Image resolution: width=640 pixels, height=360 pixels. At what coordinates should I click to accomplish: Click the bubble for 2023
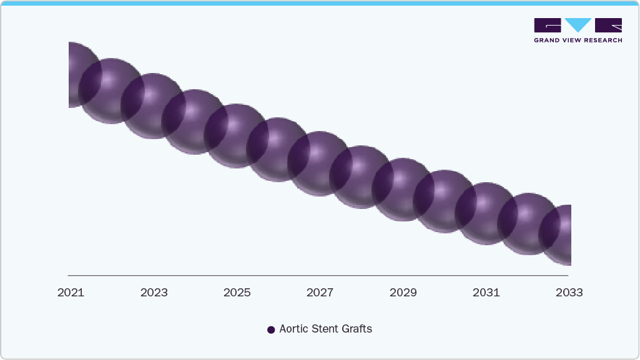(153, 105)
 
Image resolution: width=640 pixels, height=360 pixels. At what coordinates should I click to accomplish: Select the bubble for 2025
(237, 136)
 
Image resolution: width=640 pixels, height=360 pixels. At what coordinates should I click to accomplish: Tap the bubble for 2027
(320, 163)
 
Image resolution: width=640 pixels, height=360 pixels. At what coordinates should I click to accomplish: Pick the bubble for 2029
(403, 190)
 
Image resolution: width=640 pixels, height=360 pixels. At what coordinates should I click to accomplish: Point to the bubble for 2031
(486, 213)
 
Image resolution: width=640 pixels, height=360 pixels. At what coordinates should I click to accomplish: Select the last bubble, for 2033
(559, 235)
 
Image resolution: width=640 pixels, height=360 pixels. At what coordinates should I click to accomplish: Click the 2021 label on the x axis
(71, 293)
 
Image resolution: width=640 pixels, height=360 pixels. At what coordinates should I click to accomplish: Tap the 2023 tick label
(154, 293)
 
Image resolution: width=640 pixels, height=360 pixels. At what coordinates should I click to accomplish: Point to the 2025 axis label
(237, 293)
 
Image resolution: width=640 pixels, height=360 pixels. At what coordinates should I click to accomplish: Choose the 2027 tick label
(320, 293)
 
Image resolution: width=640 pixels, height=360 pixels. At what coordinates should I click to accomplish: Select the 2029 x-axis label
(403, 293)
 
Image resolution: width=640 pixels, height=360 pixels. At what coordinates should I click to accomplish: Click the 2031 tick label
(486, 293)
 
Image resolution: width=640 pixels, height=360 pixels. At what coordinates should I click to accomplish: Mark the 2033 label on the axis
(569, 293)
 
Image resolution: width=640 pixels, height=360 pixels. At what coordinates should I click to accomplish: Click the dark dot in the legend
(271, 329)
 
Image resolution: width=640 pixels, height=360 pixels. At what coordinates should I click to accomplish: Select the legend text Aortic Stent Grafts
(325, 329)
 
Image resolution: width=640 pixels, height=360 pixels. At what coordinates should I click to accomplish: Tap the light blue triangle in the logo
(578, 25)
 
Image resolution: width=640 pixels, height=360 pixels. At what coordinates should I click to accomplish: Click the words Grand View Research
(578, 41)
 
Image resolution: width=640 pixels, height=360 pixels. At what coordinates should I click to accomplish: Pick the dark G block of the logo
(548, 25)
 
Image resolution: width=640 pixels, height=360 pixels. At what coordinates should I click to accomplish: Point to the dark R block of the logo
(608, 25)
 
